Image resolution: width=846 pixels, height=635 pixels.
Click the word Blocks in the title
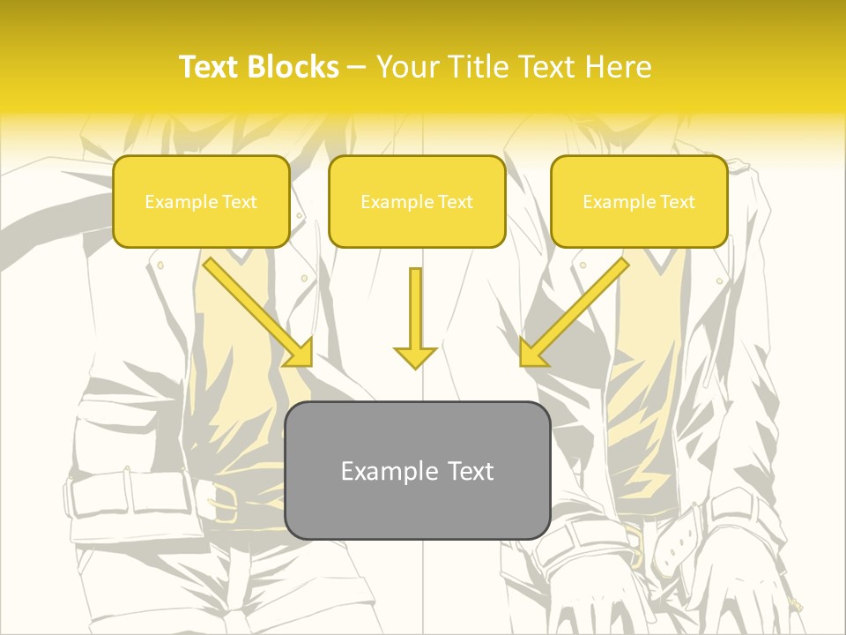coord(295,67)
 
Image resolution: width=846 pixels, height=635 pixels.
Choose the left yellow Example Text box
coord(201,201)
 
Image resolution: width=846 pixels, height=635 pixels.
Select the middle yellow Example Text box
coord(417,201)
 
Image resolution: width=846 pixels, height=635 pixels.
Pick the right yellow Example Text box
coord(639,201)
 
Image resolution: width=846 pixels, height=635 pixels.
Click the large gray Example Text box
coord(418,470)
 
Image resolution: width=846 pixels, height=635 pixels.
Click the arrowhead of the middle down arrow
coord(415,357)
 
